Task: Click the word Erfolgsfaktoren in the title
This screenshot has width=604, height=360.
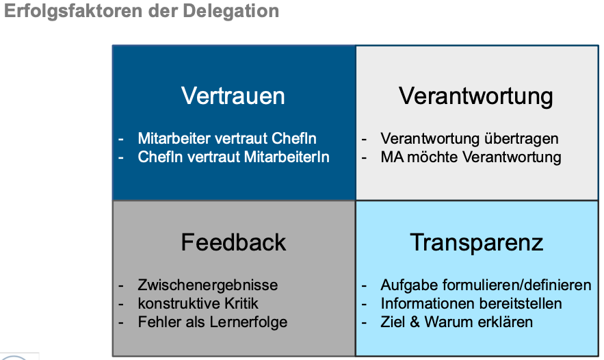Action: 74,12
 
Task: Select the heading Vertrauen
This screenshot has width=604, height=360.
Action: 233,96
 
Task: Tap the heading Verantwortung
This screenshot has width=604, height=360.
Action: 475,97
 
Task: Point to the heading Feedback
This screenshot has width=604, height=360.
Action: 233,242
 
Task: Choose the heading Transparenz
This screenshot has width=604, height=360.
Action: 477,243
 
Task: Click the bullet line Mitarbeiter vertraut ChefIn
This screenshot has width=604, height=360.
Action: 227,138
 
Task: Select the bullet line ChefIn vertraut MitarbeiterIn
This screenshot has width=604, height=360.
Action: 233,157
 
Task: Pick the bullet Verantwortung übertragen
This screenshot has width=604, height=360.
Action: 469,139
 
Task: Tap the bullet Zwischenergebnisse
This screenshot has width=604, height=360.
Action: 208,285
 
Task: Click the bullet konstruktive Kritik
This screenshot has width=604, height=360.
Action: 198,303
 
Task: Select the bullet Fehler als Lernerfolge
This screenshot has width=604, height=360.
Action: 213,322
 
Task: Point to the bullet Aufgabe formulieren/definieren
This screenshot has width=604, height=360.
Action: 486,285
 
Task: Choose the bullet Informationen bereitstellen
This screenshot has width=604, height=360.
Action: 471,303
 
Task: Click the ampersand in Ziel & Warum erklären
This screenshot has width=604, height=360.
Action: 415,322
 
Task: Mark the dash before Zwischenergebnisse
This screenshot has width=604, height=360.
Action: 121,286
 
